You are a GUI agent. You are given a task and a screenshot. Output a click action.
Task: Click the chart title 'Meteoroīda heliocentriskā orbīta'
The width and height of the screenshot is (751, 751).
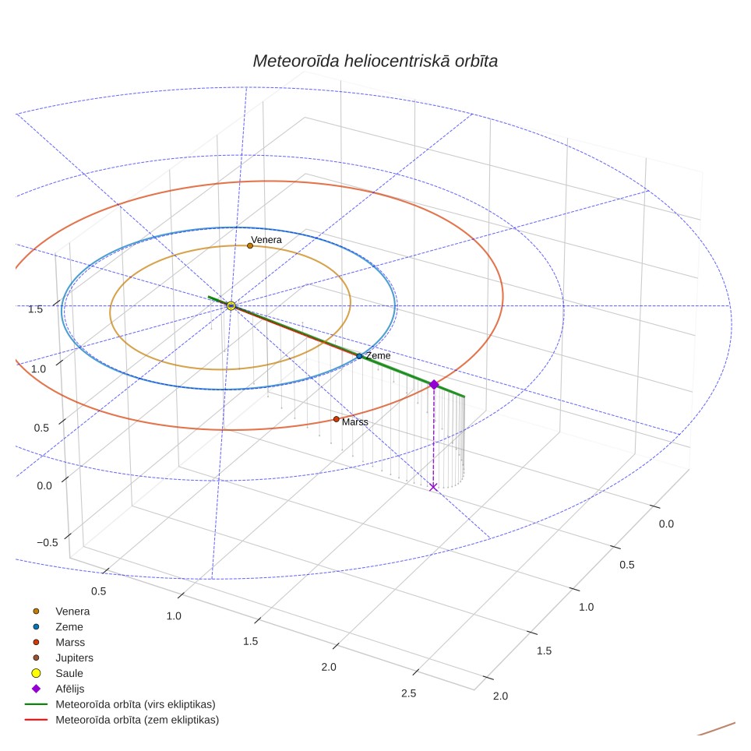pyautogui.click(x=375, y=62)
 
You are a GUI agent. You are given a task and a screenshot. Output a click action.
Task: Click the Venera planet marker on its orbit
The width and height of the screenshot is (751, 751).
pyautogui.click(x=250, y=245)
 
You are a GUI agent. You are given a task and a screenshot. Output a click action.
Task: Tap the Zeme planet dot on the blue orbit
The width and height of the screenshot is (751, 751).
pyautogui.click(x=359, y=356)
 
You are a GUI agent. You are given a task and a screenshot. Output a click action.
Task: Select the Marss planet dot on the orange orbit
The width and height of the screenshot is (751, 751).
pyautogui.click(x=337, y=419)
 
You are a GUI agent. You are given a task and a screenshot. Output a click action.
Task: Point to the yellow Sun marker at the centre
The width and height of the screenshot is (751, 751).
pyautogui.click(x=231, y=305)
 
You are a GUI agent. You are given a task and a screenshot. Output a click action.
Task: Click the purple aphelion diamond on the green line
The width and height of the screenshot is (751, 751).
pyautogui.click(x=434, y=385)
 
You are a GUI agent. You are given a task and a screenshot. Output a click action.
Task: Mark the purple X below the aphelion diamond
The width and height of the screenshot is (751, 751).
pyautogui.click(x=433, y=487)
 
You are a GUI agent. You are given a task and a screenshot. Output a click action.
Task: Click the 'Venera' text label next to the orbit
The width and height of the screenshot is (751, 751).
pyautogui.click(x=266, y=239)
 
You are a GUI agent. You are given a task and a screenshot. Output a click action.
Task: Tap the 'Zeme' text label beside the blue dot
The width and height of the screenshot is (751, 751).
pyautogui.click(x=378, y=356)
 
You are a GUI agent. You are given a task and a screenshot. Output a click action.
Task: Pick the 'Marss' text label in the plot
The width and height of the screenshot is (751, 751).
pyautogui.click(x=355, y=422)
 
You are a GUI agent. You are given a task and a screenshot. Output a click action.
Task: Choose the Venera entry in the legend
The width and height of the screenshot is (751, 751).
pyautogui.click(x=62, y=611)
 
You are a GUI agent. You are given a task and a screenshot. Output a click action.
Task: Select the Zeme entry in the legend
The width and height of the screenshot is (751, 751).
pyautogui.click(x=58, y=626)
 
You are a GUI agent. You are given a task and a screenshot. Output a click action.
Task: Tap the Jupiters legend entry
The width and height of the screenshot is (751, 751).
pyautogui.click(x=63, y=658)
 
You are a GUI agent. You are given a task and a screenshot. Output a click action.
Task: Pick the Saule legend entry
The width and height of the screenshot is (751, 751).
pyautogui.click(x=58, y=673)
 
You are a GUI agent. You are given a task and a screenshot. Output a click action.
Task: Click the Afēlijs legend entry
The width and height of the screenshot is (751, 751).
pyautogui.click(x=58, y=689)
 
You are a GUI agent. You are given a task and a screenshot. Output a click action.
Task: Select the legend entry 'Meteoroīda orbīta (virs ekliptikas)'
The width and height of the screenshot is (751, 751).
pyautogui.click(x=120, y=704)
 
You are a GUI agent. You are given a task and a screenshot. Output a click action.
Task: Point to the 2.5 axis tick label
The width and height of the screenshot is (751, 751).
pyautogui.click(x=408, y=693)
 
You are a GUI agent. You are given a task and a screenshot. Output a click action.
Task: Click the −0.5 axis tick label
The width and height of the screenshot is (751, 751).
pyautogui.click(x=48, y=542)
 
